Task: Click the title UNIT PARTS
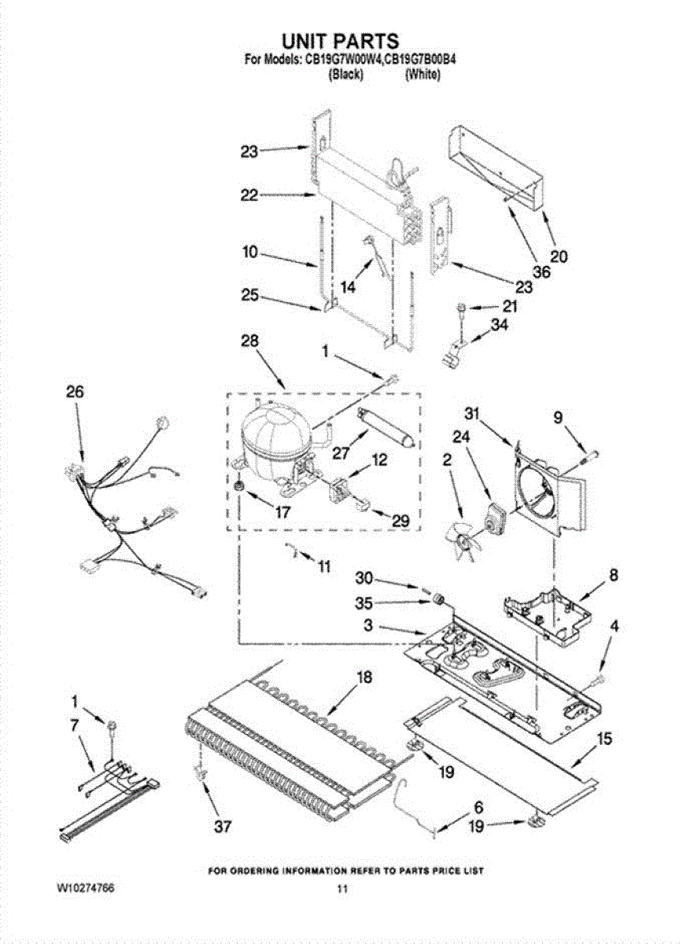[x=341, y=40]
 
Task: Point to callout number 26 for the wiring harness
[x=76, y=392]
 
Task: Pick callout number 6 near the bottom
[x=478, y=807]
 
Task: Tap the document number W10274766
[x=86, y=887]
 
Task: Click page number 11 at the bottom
[x=341, y=889]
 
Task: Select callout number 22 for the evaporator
[x=249, y=196]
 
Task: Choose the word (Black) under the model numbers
[x=345, y=75]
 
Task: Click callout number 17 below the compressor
[x=281, y=512]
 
